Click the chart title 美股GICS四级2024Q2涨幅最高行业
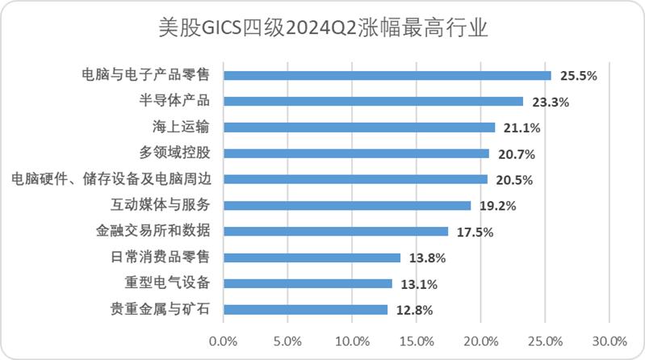pos(323,31)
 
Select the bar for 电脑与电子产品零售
pos(387,76)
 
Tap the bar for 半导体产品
pos(373,102)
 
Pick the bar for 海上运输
pos(358,128)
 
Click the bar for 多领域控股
pos(356,153)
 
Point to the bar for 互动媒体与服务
pos(346,205)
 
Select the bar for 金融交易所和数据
pos(335,231)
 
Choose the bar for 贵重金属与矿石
pos(305,309)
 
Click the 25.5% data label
pos(578,76)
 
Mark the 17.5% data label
pos(475,232)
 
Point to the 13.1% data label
pos(418,283)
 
